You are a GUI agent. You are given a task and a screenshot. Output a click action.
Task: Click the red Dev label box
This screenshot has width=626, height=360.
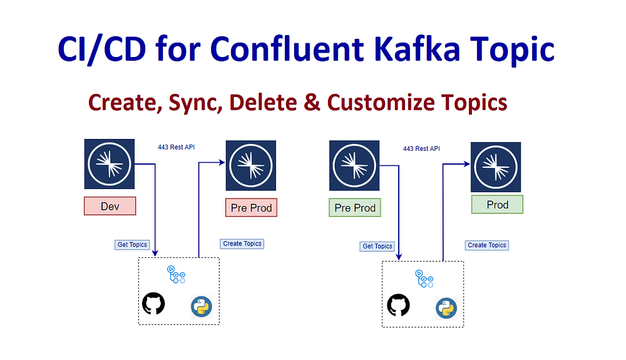(110, 206)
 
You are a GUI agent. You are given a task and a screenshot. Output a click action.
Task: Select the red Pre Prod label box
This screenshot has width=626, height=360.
(251, 208)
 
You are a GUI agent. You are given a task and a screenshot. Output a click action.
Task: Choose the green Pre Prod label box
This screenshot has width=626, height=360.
(355, 208)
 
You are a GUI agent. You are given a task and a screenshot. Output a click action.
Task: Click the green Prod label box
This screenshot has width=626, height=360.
(497, 205)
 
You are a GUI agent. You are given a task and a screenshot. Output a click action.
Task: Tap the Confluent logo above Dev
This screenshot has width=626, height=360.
(110, 163)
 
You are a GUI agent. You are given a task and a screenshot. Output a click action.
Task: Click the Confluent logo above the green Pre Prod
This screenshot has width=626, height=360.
(355, 165)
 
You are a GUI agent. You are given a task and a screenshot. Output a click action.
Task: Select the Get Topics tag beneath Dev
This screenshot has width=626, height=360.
(133, 245)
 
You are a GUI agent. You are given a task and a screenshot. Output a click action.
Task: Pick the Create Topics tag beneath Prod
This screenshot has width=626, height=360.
(486, 245)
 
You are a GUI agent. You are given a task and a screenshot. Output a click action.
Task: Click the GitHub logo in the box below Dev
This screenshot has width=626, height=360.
(153, 304)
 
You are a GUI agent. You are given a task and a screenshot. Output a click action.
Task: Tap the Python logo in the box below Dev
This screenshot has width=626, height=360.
(202, 306)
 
